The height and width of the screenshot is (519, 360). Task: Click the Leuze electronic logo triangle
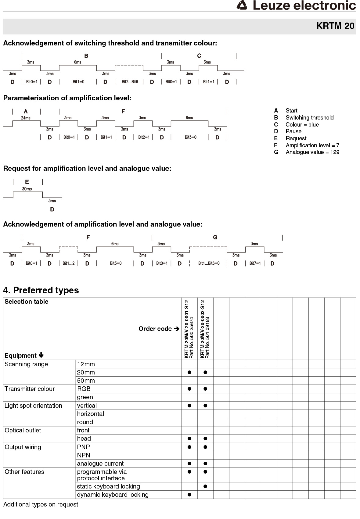(x=242, y=5)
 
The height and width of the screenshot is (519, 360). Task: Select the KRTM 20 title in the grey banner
(x=335, y=26)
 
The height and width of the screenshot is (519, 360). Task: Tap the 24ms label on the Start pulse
(x=26, y=118)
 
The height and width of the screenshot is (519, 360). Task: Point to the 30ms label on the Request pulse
(x=27, y=189)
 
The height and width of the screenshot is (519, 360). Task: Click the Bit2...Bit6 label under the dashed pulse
(x=130, y=82)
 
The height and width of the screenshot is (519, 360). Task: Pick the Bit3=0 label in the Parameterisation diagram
(x=190, y=137)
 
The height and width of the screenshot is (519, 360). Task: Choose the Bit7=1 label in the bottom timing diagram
(x=255, y=263)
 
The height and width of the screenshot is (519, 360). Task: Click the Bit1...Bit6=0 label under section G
(x=209, y=263)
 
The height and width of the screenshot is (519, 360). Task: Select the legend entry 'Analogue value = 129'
(x=312, y=152)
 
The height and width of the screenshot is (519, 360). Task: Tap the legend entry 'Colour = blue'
(x=302, y=125)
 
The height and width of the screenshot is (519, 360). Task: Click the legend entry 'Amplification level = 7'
(x=312, y=145)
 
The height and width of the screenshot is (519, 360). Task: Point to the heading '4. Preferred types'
(x=41, y=290)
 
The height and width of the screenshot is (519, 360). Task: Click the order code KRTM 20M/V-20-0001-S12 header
(x=187, y=329)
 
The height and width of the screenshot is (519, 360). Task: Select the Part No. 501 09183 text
(x=207, y=337)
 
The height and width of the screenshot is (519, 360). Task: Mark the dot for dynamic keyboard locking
(x=189, y=495)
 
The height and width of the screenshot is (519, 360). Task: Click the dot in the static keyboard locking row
(x=205, y=486)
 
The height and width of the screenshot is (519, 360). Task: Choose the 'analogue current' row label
(x=100, y=464)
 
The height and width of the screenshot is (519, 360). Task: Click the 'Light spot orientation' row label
(x=33, y=406)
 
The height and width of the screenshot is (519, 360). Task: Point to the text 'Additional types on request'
(x=41, y=504)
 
